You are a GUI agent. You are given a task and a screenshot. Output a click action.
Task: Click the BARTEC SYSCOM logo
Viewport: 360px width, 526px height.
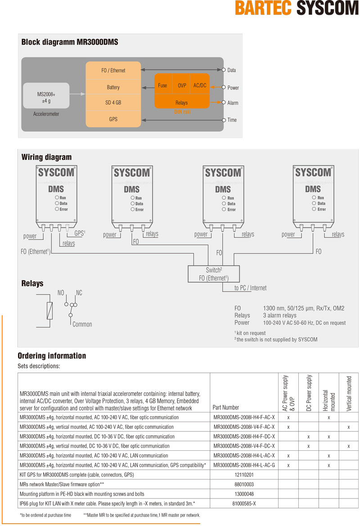pos(297,8)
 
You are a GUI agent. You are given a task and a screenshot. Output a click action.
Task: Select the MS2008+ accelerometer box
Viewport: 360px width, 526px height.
pos(46,95)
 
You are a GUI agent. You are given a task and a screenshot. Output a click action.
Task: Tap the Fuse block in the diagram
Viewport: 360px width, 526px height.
pos(163,86)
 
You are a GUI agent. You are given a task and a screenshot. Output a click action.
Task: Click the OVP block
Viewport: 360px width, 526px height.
pos(182,86)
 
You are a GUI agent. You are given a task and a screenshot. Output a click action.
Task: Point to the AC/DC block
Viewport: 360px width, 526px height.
pos(200,86)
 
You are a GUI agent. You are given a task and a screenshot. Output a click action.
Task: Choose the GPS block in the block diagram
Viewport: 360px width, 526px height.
pos(113,119)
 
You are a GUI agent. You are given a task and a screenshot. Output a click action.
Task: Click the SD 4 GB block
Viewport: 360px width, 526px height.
pos(113,102)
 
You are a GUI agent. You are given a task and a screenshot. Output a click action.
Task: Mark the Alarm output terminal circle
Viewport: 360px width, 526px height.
pos(224,102)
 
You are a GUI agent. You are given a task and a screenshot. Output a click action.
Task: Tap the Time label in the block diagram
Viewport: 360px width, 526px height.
pos(232,120)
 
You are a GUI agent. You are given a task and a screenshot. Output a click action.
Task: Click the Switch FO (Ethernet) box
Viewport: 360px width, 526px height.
pos(214,274)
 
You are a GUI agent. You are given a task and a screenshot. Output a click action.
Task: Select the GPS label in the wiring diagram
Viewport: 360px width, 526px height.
pos(80,233)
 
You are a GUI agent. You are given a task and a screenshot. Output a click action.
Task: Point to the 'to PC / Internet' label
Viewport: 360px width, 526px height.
pos(250,288)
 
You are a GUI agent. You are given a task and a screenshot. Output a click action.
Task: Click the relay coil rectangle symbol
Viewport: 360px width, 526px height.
pos(49,311)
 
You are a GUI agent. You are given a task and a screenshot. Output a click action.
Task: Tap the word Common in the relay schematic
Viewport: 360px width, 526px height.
pos(82,324)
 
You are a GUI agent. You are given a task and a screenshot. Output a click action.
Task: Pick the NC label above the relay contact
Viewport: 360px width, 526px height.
pos(79,293)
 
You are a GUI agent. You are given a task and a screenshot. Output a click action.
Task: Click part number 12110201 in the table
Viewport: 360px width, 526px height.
pos(244,475)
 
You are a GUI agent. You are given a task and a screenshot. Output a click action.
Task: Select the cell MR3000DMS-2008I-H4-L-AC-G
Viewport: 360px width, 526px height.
pos(244,465)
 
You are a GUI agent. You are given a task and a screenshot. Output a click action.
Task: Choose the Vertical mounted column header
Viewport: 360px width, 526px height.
pos(349,394)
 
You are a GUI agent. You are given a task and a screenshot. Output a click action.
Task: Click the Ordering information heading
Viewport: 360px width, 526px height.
pos(52,356)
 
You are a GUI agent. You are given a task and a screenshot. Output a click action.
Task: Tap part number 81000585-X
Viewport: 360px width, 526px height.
pos(244,503)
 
